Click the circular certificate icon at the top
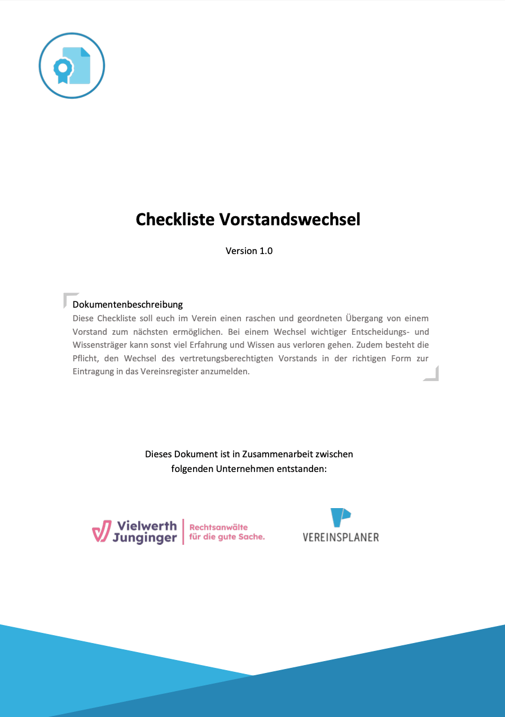tap(72, 65)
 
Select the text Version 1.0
tap(249, 251)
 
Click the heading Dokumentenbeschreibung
tap(128, 304)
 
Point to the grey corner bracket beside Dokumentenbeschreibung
tap(69, 299)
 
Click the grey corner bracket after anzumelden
tap(432, 374)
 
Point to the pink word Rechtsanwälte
tap(218, 527)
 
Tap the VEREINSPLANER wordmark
tap(341, 537)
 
